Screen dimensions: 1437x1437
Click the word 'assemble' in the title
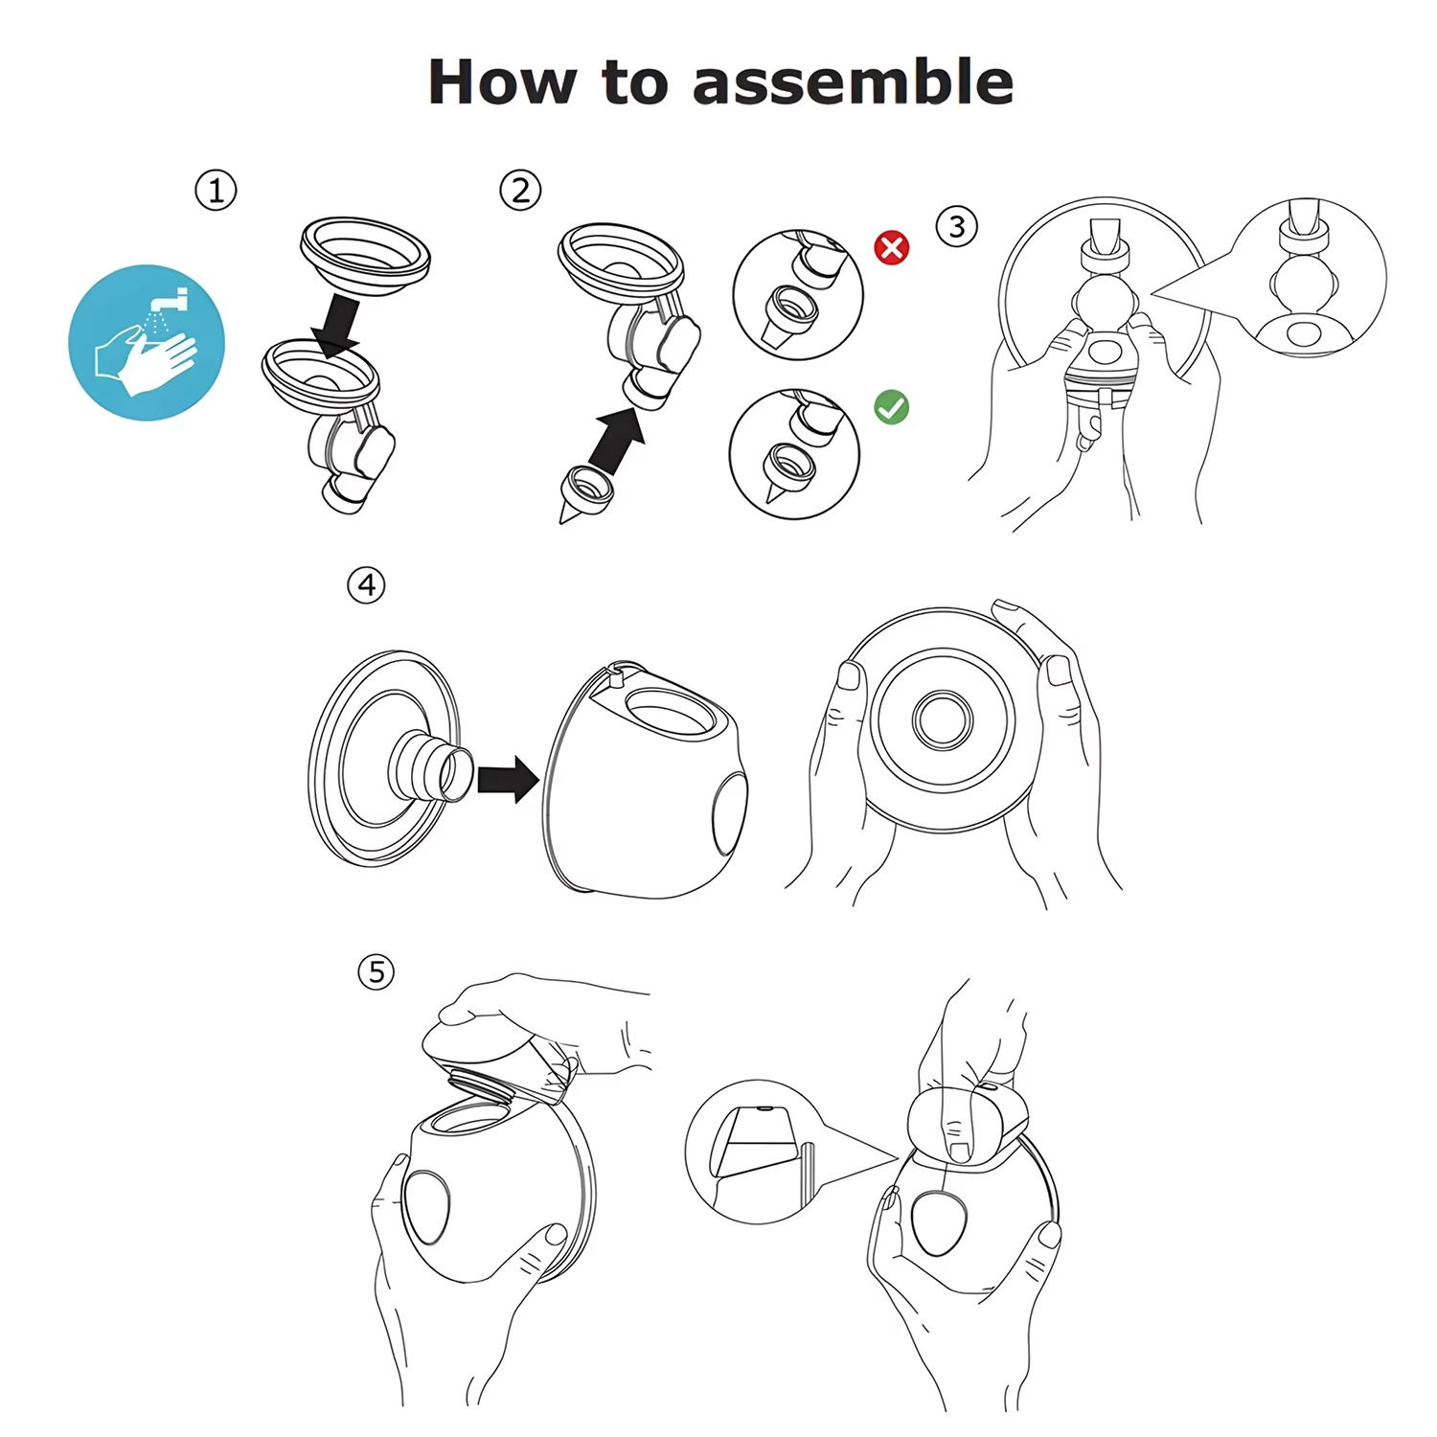pos(853,82)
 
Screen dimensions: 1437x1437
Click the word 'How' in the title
pos(502,82)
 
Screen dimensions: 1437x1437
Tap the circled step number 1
pos(216,190)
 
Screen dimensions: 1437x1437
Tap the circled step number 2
pos(520,190)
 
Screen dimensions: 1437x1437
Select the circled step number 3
pos(956,227)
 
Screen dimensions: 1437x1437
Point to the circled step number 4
pos(366,584)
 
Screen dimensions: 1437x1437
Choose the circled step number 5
pos(376,971)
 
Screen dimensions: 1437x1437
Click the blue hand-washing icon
pos(147,342)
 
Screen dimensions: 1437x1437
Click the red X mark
pos(892,248)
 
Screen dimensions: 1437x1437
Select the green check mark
pos(892,407)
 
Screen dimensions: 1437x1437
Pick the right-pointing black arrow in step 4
pos(508,779)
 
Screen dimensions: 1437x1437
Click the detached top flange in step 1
pos(365,254)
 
